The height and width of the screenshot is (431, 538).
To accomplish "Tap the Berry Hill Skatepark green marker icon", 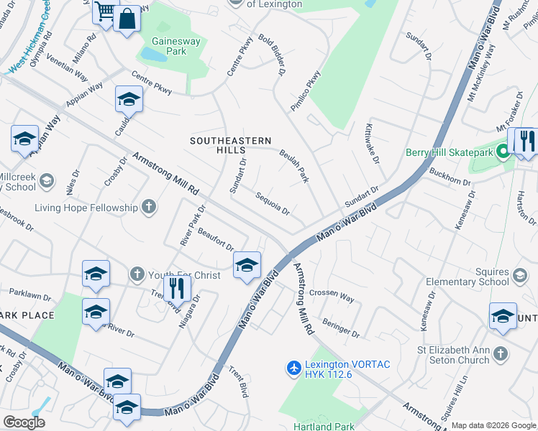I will click(503, 152).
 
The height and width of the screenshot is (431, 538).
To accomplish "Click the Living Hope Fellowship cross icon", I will click(149, 208).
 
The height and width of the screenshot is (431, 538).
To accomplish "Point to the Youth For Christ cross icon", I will click(137, 274).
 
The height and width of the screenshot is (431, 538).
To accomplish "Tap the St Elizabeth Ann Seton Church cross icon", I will click(501, 354).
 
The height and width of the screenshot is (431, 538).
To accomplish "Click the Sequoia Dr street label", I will click(272, 204).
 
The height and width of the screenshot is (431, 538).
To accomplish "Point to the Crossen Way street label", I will click(332, 295).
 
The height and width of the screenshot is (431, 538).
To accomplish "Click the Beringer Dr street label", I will click(341, 328).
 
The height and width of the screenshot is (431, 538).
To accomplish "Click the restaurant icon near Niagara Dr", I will click(176, 289).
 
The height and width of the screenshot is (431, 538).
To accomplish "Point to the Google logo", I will click(23, 422).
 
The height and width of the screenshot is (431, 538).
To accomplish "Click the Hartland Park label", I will click(325, 427).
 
